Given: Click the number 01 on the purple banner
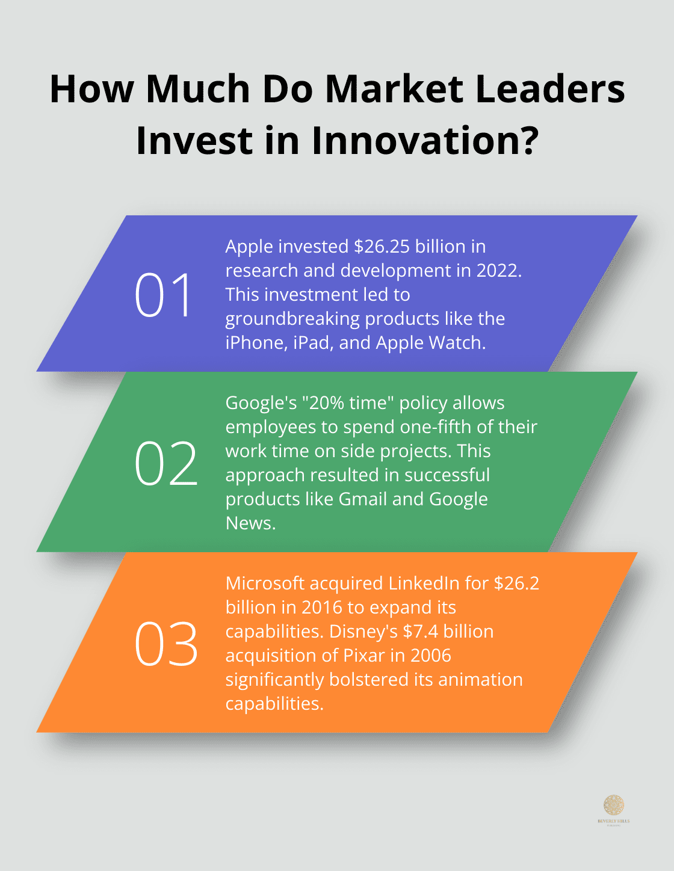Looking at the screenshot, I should click(x=164, y=295).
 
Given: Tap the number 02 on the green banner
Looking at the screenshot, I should click(x=165, y=463).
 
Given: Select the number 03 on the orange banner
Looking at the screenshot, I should click(x=165, y=644).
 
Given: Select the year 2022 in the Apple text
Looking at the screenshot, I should click(x=498, y=271).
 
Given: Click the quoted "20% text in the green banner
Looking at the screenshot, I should click(x=323, y=403).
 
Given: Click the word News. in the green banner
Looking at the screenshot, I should click(x=250, y=523).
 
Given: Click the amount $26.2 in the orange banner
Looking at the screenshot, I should click(x=516, y=583).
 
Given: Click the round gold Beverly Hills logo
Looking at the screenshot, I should click(x=613, y=805).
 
